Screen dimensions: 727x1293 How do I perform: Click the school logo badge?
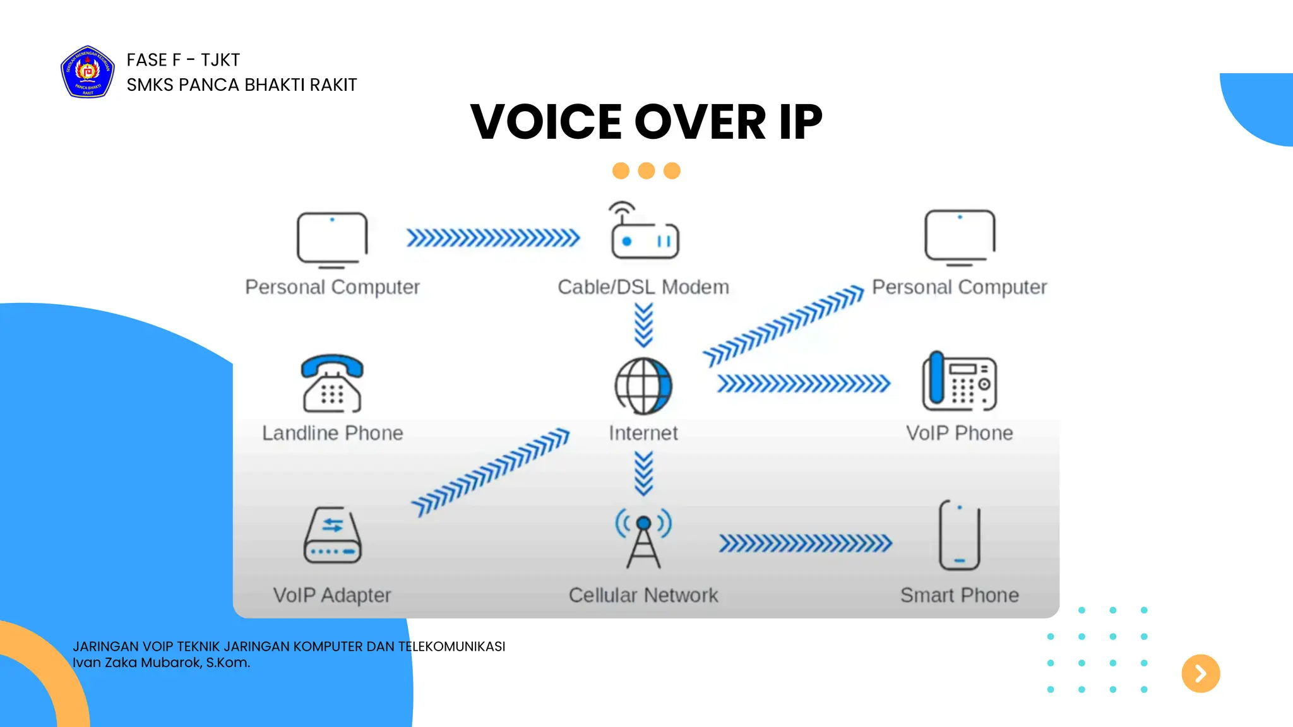(88, 72)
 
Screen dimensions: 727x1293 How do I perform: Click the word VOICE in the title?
(546, 122)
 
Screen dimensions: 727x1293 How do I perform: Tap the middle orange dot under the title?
(646, 171)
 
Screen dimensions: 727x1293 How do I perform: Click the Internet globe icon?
(643, 386)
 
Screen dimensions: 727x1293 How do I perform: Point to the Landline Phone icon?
(332, 383)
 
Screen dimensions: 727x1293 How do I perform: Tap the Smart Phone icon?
(959, 535)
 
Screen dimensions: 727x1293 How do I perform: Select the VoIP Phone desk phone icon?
(959, 381)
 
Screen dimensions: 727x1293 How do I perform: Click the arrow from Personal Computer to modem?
(493, 238)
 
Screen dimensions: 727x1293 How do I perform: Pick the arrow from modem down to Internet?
(643, 325)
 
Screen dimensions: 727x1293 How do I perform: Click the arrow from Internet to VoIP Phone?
(804, 384)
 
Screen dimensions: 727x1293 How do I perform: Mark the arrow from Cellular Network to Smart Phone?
(805, 543)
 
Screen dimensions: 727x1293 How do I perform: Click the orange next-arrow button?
(1200, 673)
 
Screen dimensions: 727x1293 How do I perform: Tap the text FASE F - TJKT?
(183, 60)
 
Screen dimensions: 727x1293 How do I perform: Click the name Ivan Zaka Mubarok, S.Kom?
(162, 663)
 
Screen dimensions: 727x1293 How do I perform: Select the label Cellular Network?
(643, 595)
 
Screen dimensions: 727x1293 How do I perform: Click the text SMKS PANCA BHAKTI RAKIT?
(242, 85)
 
